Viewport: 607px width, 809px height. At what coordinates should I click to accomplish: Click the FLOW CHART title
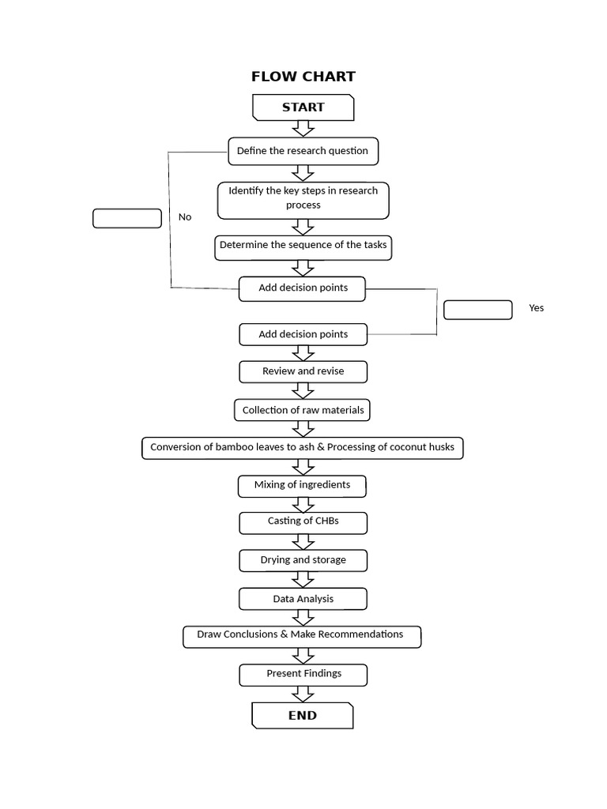coord(303,77)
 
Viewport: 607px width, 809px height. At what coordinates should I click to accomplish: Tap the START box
coord(303,107)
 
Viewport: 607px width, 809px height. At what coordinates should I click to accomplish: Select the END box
coord(303,715)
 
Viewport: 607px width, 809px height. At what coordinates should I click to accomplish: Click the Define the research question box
coord(303,151)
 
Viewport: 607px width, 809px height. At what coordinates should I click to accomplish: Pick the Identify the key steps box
coord(303,200)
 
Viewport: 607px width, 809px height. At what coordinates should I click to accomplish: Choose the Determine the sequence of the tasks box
coord(303,247)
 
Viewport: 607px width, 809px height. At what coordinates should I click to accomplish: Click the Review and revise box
coord(303,371)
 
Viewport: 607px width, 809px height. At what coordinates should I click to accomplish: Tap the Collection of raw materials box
coord(302,410)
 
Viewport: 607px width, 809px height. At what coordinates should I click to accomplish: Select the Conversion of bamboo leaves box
coord(303,448)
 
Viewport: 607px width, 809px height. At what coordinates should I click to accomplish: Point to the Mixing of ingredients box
coord(302,486)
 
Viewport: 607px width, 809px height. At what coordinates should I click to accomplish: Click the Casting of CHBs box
coord(303,523)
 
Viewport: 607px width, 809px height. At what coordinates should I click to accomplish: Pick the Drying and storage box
coord(303,560)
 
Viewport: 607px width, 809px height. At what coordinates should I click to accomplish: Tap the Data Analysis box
coord(303,599)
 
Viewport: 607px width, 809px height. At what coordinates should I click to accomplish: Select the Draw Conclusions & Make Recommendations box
coord(302,637)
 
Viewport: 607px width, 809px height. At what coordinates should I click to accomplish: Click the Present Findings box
coord(303,675)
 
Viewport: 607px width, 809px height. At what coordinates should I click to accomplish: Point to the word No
coord(185,217)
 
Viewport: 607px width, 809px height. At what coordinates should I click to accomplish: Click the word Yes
coord(537,308)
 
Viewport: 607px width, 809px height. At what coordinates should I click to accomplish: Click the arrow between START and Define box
coord(303,129)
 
